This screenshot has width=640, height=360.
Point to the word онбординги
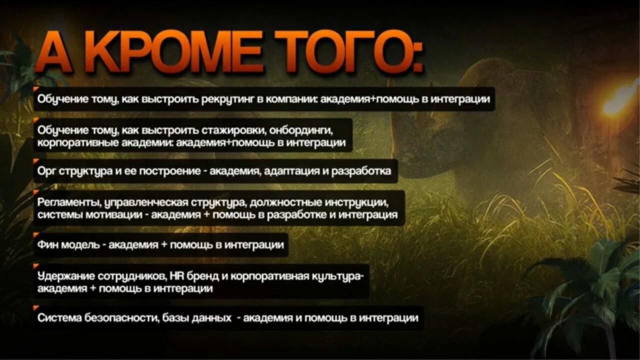301,131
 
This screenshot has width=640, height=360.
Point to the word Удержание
66,276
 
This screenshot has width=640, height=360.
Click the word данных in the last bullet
211,318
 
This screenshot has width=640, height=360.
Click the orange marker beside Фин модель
36,235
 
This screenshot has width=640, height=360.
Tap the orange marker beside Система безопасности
36,308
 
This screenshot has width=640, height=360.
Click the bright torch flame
620,98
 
